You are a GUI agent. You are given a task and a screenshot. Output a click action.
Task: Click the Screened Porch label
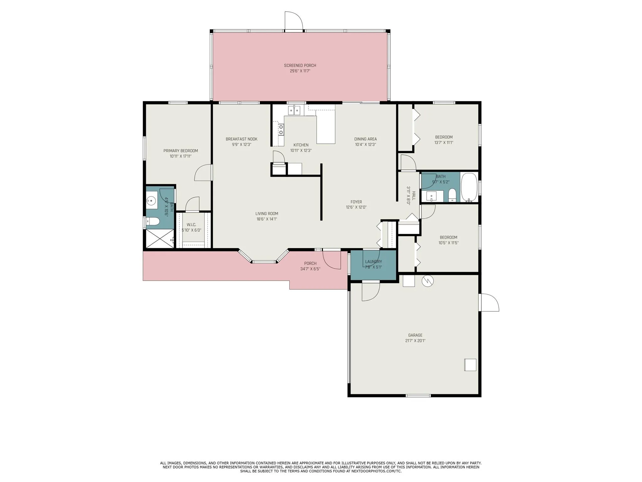click(x=300, y=65)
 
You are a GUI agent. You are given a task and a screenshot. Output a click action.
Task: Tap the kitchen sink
click(x=294, y=110)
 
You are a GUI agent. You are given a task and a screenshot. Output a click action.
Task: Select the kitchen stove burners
click(x=281, y=130)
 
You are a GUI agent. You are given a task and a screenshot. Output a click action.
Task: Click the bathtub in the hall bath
click(x=469, y=187)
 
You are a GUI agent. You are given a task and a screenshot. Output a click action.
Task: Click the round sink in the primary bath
click(x=152, y=200)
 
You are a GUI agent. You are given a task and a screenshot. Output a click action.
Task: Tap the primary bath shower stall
click(x=160, y=238)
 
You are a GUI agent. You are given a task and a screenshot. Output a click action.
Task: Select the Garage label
click(x=415, y=335)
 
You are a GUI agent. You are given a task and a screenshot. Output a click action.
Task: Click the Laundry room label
click(x=373, y=262)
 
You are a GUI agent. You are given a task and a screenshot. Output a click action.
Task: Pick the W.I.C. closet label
click(x=191, y=225)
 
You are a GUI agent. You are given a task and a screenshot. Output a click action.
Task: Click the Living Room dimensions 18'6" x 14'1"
click(x=266, y=219)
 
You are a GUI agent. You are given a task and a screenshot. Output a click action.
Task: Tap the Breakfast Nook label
click(x=241, y=139)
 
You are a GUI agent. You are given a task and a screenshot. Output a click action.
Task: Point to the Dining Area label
click(x=366, y=139)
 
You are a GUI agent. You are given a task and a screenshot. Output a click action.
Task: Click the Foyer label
click(x=356, y=202)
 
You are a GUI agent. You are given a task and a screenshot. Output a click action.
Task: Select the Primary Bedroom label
click(x=181, y=151)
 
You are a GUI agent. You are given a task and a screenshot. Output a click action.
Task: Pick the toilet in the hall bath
click(x=452, y=195)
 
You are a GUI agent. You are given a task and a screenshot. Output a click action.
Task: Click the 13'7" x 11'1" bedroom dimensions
click(x=444, y=142)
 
